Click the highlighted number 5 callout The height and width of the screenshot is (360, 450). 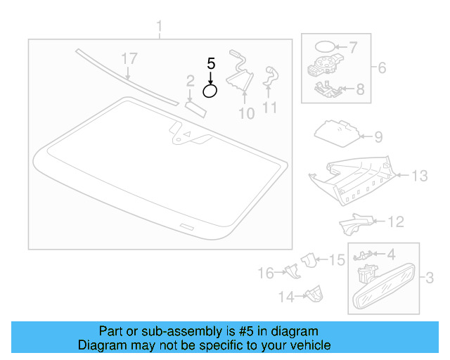point(210,63)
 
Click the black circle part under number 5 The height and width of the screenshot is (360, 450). point(210,90)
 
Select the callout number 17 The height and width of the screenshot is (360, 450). point(129,58)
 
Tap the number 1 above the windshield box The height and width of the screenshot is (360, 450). point(159,28)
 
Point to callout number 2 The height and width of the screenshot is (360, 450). point(190,82)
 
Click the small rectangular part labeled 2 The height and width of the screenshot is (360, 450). point(195,107)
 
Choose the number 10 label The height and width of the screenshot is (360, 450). point(246,112)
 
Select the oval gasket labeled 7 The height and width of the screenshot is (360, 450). point(323,48)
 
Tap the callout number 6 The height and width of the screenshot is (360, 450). point(382,68)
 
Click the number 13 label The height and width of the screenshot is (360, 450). point(419,176)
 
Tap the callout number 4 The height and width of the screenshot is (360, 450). point(391,253)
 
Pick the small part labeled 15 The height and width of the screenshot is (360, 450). point(308,259)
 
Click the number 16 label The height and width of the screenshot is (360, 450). point(265,273)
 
